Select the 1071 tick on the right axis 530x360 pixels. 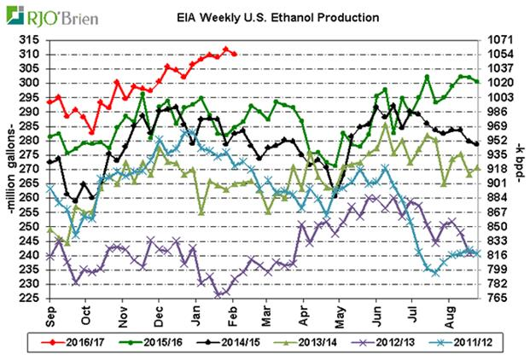tap(499, 40)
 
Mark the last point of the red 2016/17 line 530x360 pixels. tap(235, 54)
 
